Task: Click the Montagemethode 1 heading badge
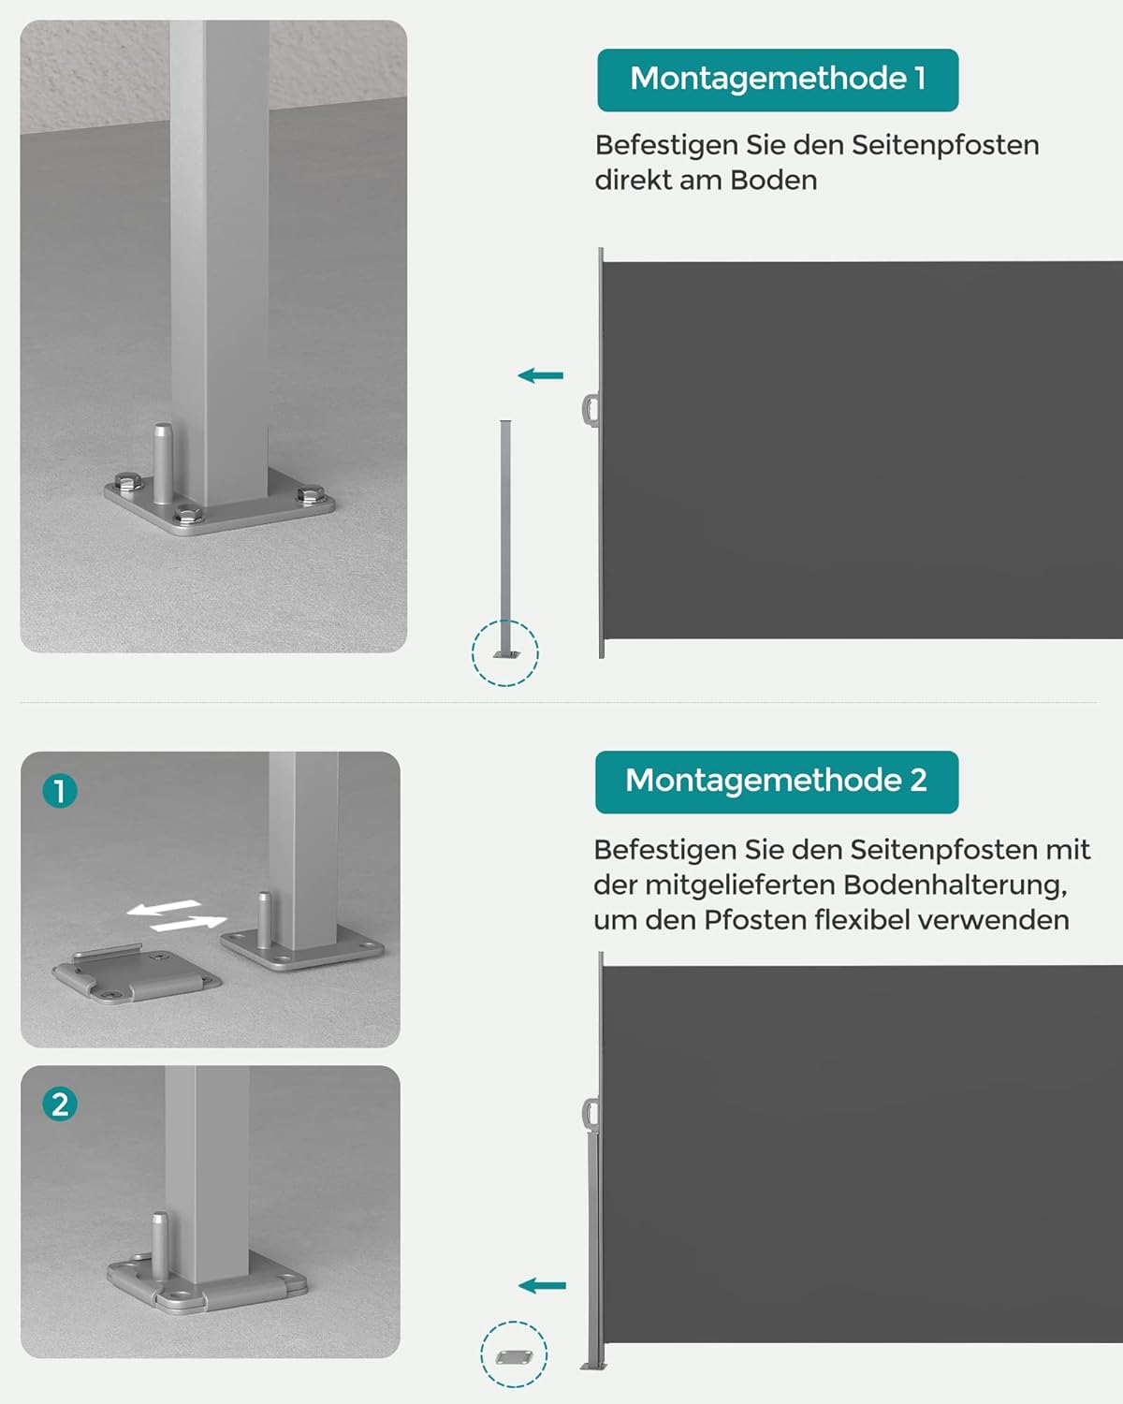pos(778,80)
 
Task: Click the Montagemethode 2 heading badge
pos(776,782)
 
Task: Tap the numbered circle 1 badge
pos(60,792)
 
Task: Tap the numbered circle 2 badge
pos(60,1104)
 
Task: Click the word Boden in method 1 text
pos(773,180)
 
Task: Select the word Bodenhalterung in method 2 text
pos(955,885)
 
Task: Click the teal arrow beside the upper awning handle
pos(541,376)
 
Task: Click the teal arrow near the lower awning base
pos(543,1286)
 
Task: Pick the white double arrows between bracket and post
pos(177,916)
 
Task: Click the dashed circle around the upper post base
pos(505,652)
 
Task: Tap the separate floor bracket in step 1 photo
pos(136,976)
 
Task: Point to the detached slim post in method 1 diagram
pos(505,534)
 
